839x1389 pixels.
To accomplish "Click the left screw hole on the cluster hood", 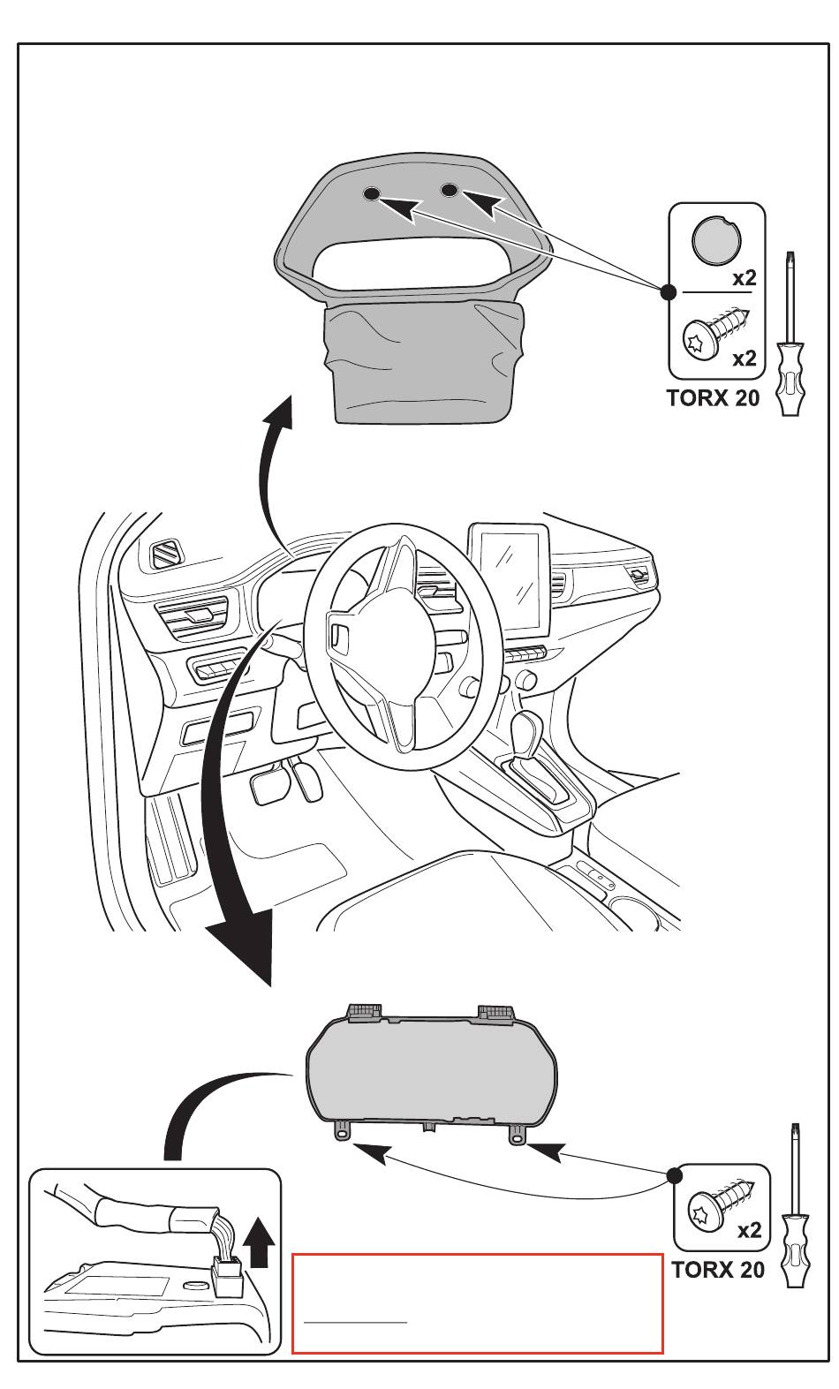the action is point(371,193).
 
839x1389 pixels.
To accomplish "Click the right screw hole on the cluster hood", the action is point(449,189).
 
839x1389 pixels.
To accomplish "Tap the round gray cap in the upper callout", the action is point(716,239).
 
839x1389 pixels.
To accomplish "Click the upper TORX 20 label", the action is point(713,398).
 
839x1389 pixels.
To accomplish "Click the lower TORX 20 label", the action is point(717,1270).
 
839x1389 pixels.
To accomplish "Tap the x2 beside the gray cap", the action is point(745,278).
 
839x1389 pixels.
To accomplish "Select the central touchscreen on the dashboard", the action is point(508,578).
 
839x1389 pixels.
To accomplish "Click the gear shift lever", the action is point(529,732).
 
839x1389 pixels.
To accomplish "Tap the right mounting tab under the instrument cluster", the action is point(516,1136).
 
